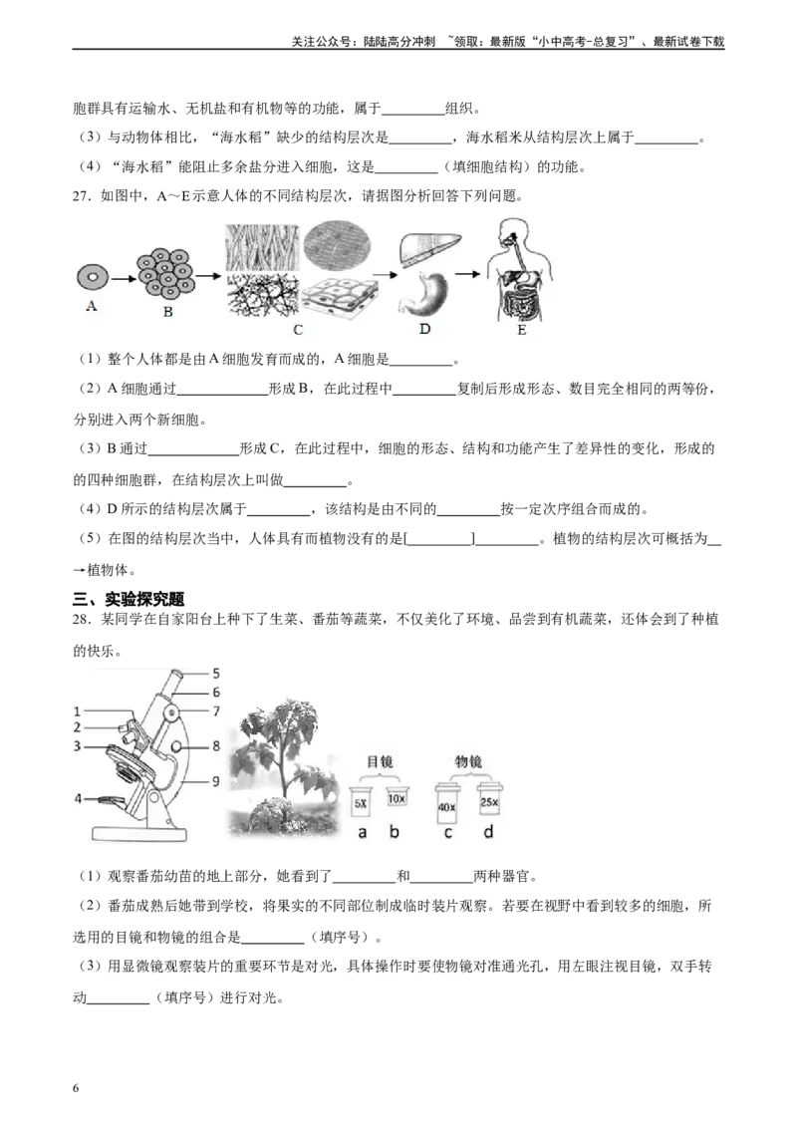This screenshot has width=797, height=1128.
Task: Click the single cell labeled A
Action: click(x=93, y=276)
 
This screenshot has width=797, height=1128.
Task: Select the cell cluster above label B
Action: click(x=167, y=272)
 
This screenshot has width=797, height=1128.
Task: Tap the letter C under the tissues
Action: click(x=298, y=330)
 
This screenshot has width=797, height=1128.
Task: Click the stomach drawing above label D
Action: click(x=426, y=293)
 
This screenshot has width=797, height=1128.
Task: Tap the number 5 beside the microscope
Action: click(x=214, y=673)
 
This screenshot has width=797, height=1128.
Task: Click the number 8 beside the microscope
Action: click(x=214, y=744)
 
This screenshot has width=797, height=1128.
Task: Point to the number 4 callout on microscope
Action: click(x=77, y=797)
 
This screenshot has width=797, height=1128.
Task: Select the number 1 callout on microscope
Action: click(x=77, y=710)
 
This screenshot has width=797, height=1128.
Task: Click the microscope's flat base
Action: click(x=139, y=833)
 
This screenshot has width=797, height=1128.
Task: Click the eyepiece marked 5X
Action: click(x=361, y=802)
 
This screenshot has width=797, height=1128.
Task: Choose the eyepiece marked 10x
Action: click(x=396, y=799)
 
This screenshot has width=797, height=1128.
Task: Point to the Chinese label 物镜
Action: click(x=468, y=760)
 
